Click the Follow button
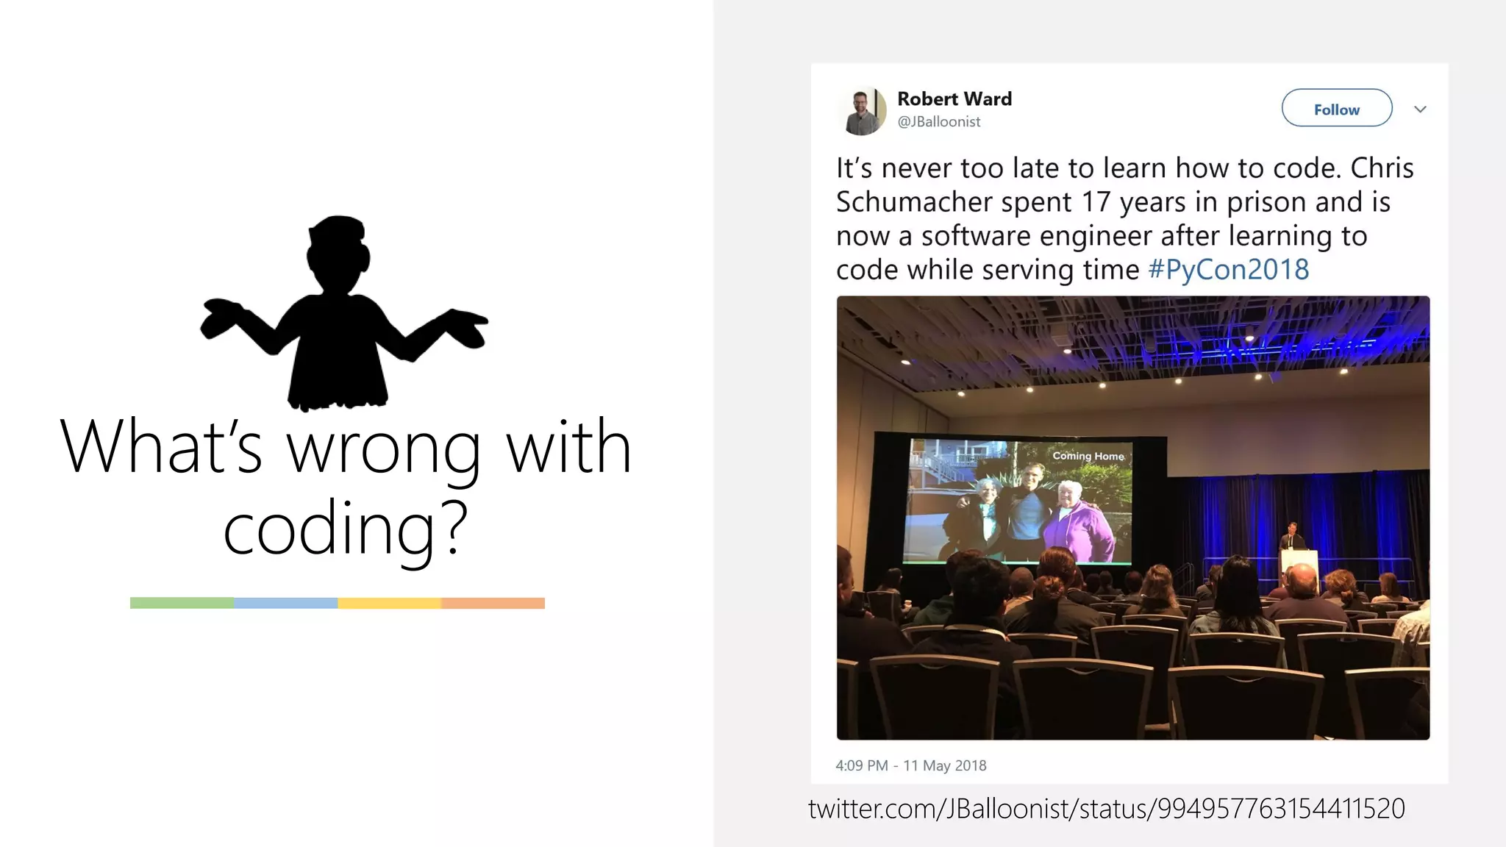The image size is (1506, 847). tap(1336, 109)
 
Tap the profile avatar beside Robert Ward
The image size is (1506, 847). tap(862, 111)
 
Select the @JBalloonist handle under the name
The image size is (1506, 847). tap(938, 122)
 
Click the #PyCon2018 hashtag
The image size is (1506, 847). tap(1228, 270)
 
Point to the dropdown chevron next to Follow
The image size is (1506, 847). tap(1420, 110)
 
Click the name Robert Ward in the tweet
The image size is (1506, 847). tap(954, 99)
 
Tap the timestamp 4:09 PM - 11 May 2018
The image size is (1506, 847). tap(910, 765)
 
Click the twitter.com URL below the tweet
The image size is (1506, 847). tap(1106, 809)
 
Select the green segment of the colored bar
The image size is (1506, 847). tap(182, 603)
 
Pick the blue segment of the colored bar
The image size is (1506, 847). tap(285, 603)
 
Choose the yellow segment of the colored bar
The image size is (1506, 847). tap(389, 603)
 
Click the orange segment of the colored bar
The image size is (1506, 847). tap(493, 603)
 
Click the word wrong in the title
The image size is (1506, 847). tap(383, 447)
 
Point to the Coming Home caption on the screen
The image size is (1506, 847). tap(1088, 456)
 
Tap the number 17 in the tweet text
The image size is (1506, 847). tap(1095, 202)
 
